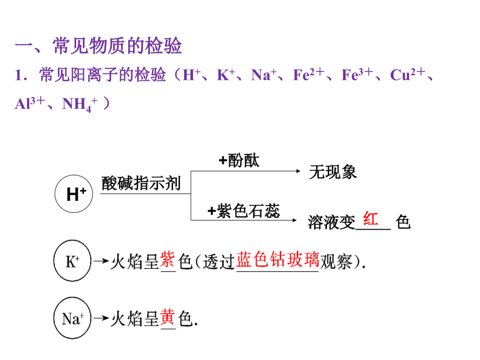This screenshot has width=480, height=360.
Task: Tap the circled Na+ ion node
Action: (73, 319)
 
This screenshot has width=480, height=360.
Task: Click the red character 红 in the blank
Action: (371, 219)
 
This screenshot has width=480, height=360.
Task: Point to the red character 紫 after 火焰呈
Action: (167, 259)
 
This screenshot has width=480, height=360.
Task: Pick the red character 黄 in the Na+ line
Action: (167, 317)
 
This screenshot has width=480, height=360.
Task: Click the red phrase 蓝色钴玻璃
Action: (277, 259)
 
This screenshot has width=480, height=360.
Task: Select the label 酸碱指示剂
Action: (141, 184)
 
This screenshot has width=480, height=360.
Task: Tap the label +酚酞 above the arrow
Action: (239, 161)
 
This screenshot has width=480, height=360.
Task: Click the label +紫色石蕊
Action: (244, 211)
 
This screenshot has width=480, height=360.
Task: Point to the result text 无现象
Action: (333, 172)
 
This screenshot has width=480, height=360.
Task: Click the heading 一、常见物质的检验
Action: (98, 46)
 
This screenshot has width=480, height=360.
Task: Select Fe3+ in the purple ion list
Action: (357, 75)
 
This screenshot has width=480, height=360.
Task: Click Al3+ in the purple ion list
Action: (29, 104)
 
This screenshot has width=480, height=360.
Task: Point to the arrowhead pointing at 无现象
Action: (298, 171)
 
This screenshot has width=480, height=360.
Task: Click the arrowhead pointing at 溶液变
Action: (298, 221)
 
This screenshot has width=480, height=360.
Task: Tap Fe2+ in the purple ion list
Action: (308, 75)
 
